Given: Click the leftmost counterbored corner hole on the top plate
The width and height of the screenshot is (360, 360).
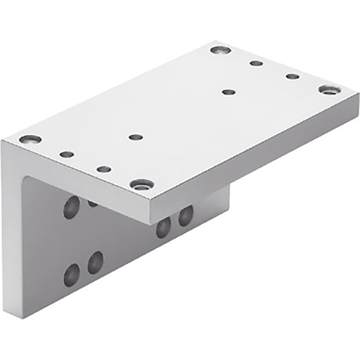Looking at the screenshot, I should click(x=30, y=139).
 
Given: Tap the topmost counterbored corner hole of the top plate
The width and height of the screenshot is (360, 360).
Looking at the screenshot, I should click(x=220, y=51).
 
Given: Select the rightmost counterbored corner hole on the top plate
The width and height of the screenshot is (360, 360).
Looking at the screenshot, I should click(x=328, y=90).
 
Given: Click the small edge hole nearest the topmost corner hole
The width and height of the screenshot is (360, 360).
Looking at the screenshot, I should click(x=257, y=63).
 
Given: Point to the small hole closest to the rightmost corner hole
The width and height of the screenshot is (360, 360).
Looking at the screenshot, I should click(x=292, y=76).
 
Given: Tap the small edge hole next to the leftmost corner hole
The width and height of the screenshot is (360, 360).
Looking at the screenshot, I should click(x=66, y=154).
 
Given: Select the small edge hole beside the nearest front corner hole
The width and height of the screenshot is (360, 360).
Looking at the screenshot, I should click(x=103, y=169).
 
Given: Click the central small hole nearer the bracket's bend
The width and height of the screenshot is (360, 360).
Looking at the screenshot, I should click(x=136, y=137).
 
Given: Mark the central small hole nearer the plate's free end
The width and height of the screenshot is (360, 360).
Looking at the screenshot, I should click(x=228, y=91).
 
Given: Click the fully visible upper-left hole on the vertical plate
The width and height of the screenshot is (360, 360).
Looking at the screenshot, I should click(x=71, y=206).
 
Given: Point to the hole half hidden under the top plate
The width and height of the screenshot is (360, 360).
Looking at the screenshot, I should click(x=93, y=203).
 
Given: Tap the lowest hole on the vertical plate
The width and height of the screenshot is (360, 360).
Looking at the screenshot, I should click(x=72, y=274).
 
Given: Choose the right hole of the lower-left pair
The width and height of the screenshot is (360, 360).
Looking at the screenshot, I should click(x=96, y=262).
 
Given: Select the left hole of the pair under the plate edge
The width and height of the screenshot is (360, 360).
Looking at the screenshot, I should click(x=163, y=226).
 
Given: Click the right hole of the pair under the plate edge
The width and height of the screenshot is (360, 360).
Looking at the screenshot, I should click(x=186, y=215).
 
